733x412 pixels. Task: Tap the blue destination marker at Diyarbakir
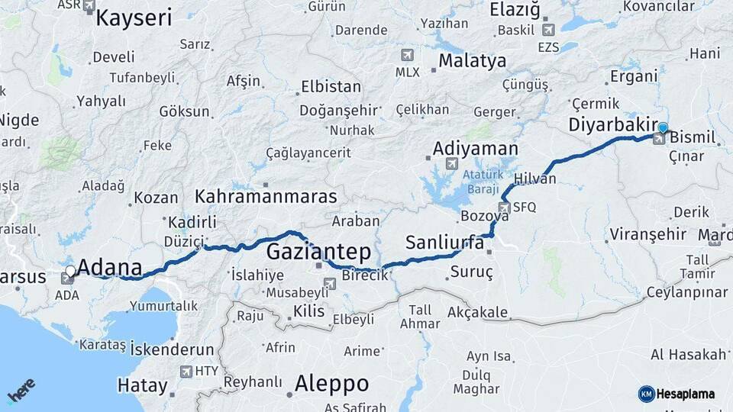coord(663,128)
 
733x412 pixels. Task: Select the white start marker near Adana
coord(70,271)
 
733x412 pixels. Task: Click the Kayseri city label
coord(134,18)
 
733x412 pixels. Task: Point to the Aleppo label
coord(331,382)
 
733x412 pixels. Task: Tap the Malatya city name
coord(472,61)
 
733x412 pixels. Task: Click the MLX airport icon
coord(406,55)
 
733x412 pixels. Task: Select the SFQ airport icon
coord(504,207)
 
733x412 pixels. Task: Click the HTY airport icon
coord(186,372)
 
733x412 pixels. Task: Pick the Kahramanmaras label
coord(265,196)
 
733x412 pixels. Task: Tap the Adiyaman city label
coord(475,149)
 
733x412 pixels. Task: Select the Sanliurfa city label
coord(444,243)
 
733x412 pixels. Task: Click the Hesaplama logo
coord(680,394)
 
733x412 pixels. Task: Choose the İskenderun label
coord(172,349)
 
